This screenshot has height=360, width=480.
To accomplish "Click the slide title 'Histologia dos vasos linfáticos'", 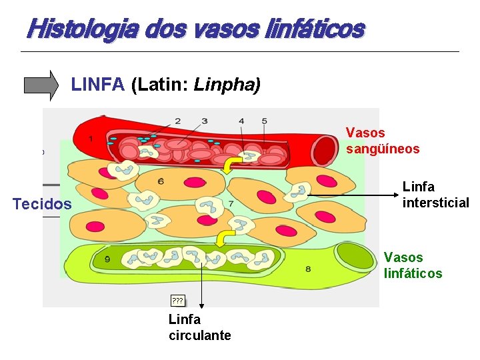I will pos(195,29).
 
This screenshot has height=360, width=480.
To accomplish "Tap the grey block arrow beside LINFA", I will pos(41,85).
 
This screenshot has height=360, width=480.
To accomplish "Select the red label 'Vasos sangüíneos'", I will pos(382,141).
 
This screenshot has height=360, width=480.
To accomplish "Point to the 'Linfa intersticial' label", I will pos(435,195).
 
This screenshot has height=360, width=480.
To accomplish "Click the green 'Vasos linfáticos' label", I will pos(413,265).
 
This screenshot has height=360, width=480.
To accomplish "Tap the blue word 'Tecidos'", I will pos(42,204).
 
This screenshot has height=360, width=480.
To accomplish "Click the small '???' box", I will pos(178,301).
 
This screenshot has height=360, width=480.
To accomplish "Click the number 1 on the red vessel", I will pos(90,139).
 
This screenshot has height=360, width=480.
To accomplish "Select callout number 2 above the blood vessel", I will pos(177,121).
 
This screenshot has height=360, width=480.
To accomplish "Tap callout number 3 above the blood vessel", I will pos(204,121).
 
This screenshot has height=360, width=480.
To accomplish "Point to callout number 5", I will pos(264,121).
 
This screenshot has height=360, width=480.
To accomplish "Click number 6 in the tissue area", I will pos(161,181).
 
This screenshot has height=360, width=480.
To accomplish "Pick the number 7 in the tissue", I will pos(231,203).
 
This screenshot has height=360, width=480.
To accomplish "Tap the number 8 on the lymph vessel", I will pos(307,269).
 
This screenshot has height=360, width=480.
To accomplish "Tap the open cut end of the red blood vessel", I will pos(326,150).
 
